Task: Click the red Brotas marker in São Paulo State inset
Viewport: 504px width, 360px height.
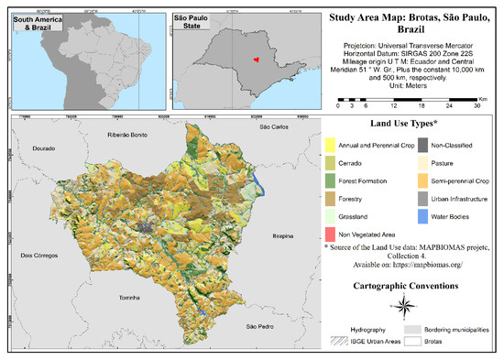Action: point(258,63)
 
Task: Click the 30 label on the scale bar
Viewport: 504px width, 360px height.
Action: point(475,105)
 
